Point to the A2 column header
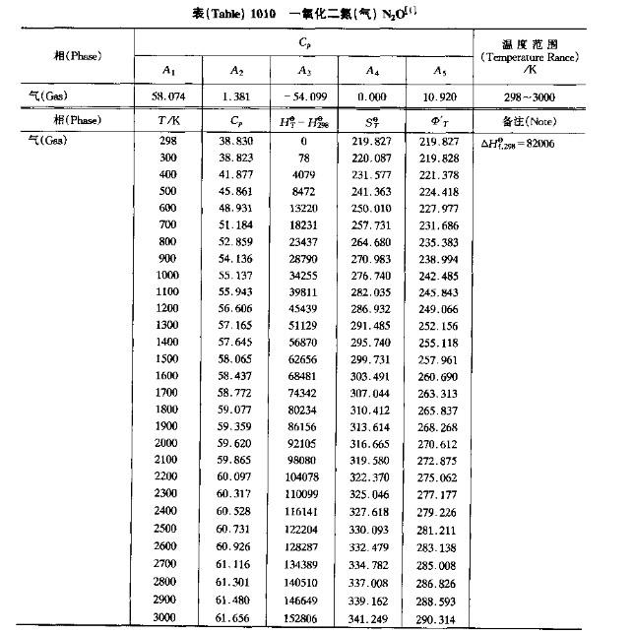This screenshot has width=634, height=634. pyautogui.click(x=236, y=70)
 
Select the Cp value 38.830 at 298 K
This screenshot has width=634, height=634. pyautogui.click(x=237, y=142)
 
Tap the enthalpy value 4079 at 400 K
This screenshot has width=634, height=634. pyautogui.click(x=304, y=174)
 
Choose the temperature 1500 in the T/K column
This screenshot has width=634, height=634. pyautogui.click(x=168, y=358)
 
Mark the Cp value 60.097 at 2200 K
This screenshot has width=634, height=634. pyautogui.click(x=237, y=475)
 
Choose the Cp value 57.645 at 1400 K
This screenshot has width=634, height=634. pyautogui.click(x=237, y=342)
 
